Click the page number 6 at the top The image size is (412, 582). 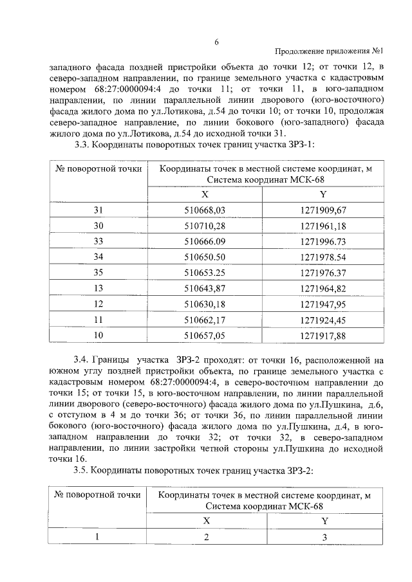[216, 42]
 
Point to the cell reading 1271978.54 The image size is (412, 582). [323, 257]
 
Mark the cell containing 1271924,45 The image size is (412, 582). [323, 318]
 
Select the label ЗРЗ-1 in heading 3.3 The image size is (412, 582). [297, 146]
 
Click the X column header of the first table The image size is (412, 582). [205, 195]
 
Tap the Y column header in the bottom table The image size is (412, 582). [324, 521]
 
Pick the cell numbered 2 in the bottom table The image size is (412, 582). [207, 538]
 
